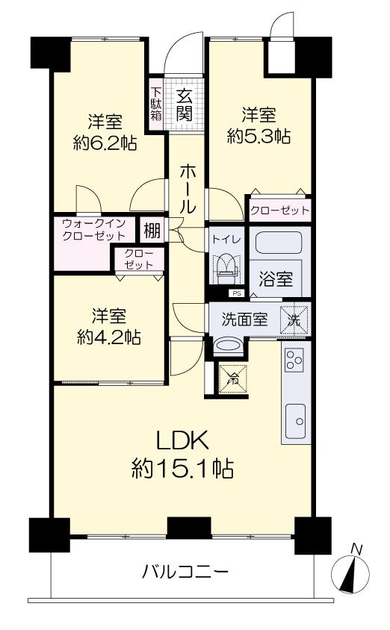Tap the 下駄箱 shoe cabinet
coord(156,103)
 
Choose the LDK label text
coord(183,440)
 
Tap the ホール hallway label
coord(188,188)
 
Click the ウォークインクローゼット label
coord(94,229)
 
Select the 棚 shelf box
coord(152,231)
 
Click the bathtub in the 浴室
coord(279,243)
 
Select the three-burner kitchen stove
coord(294,360)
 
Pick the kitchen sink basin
coord(295,422)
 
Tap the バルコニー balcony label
coord(185,571)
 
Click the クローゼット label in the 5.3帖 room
coord(279,210)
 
